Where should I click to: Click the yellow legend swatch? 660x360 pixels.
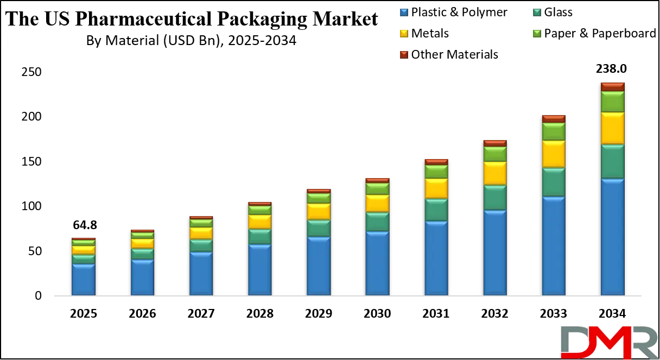tap(403, 34)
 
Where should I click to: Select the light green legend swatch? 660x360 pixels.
tap(537, 34)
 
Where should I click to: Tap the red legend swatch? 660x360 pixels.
tap(403, 54)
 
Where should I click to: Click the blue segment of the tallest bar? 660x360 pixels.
tap(612, 236)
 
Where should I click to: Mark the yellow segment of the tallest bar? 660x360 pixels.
tap(612, 128)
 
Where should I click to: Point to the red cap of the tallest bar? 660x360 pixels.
tap(612, 87)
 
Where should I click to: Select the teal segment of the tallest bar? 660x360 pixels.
tap(612, 161)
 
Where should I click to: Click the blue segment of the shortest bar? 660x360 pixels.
tap(84, 279)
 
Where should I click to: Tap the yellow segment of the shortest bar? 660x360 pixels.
tap(84, 250)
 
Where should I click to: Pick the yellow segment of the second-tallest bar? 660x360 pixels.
tap(554, 154)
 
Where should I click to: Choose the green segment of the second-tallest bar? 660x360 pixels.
tap(554, 131)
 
